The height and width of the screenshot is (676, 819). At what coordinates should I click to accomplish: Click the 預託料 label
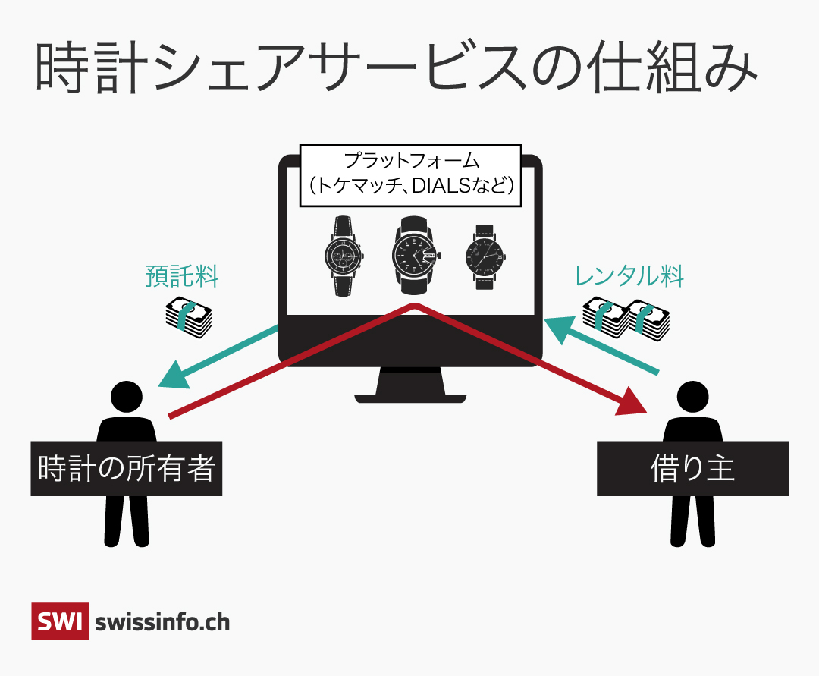[182, 276]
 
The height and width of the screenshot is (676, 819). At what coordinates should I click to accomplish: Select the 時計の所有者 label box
[126, 468]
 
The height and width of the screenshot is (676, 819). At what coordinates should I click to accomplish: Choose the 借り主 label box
[692, 468]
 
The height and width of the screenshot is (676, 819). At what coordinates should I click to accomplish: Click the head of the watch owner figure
[127, 395]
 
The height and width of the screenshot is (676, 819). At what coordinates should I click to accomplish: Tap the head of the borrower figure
[692, 395]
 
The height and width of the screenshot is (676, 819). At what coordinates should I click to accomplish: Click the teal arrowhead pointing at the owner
[172, 373]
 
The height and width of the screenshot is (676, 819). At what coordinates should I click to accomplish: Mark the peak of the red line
[414, 306]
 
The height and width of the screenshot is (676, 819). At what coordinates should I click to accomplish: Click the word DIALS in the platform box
[442, 186]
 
